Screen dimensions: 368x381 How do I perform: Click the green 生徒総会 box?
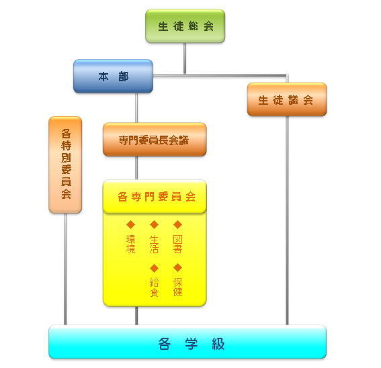point(185,26)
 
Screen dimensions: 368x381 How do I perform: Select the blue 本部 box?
point(113,77)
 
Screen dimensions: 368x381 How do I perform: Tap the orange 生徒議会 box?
point(286,99)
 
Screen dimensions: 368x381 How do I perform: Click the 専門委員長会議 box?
point(154,140)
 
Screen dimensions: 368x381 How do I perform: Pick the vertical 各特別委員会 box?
point(65,165)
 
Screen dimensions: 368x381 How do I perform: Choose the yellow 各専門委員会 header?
point(154,197)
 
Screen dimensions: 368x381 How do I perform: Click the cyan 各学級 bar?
point(187,342)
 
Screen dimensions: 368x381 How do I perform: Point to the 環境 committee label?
point(130,244)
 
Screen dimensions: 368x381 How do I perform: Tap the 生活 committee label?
point(154,244)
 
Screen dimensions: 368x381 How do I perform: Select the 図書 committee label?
point(177,244)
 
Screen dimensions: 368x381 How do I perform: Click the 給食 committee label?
point(154,287)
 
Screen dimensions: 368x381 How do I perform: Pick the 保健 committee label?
point(177,287)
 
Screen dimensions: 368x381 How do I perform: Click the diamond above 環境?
point(130,224)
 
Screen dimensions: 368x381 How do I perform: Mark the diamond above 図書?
point(177,224)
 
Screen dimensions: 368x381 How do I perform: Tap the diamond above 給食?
point(154,268)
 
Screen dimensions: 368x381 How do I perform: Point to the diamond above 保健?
point(177,268)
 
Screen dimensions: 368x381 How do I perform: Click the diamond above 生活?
point(154,224)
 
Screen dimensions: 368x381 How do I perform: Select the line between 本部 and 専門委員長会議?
point(136,107)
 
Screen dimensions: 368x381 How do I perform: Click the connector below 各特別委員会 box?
point(65,269)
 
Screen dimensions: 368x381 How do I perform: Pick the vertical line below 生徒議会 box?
point(287,222)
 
